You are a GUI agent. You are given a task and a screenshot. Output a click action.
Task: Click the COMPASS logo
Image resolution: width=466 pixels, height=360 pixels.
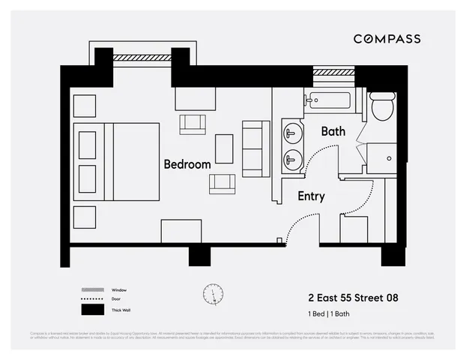tap(387, 39)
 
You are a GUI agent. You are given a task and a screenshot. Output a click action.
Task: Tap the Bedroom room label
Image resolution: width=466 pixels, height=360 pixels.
tap(187, 164)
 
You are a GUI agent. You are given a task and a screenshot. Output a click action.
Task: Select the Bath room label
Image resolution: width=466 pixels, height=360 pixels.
tap(333, 131)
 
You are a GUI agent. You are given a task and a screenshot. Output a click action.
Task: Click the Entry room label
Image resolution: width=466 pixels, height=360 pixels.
tap(311, 196)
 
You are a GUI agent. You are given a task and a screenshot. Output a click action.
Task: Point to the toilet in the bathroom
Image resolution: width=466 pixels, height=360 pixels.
tap(383, 106)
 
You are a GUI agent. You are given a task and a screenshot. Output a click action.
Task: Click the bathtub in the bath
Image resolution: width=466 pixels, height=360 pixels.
tap(333, 101)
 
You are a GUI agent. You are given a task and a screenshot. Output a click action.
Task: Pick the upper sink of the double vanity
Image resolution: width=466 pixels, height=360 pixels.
tap(292, 133)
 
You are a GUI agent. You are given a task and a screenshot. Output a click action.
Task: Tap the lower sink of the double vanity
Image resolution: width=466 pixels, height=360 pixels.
tap(292, 158)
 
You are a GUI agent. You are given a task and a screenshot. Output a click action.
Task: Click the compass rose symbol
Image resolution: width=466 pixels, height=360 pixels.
tap(213, 294)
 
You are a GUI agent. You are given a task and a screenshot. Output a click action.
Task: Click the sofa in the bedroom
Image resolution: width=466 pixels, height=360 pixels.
tap(255, 148)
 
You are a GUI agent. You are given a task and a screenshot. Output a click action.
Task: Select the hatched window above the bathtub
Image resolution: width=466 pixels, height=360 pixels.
tap(333, 72)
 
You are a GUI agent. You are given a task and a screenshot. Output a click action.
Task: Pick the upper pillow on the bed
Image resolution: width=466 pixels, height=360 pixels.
tap(88, 144)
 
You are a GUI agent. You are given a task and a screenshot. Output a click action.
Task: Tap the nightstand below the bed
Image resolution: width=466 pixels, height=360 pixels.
tap(85, 217)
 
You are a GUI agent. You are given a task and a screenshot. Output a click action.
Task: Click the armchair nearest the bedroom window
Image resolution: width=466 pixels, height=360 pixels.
tap(193, 124)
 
